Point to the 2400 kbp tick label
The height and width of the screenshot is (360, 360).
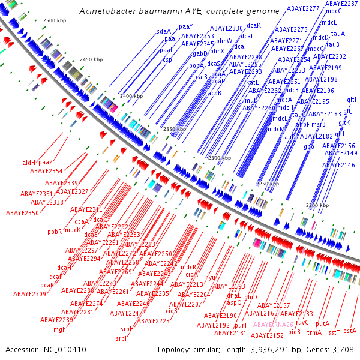[131, 96]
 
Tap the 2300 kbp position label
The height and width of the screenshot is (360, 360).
[218, 157]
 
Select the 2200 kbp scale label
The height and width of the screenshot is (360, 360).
[317, 205]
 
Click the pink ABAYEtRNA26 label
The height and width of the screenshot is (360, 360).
[273, 325]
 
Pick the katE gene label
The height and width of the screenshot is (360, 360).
[252, 82]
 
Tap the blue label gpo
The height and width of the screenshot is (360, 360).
[309, 146]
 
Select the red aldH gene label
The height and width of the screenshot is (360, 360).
[29, 163]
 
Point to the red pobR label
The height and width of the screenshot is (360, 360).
[55, 231]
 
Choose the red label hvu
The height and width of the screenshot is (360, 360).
[210, 277]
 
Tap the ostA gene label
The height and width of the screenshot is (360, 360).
[350, 331]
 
